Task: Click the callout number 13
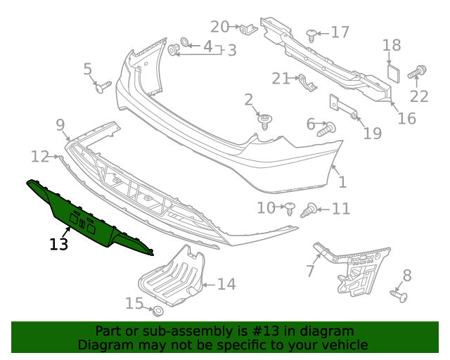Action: [x=59, y=245]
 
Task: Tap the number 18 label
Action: [x=392, y=46]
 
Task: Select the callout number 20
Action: [x=220, y=27]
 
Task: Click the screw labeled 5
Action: [x=103, y=86]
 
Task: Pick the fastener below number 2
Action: [x=265, y=122]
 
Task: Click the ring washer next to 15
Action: [x=157, y=310]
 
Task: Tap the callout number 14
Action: [x=226, y=284]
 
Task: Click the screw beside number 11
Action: [x=309, y=210]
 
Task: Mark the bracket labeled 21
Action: [x=305, y=84]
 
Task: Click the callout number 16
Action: [x=406, y=118]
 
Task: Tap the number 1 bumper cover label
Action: [x=342, y=183]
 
